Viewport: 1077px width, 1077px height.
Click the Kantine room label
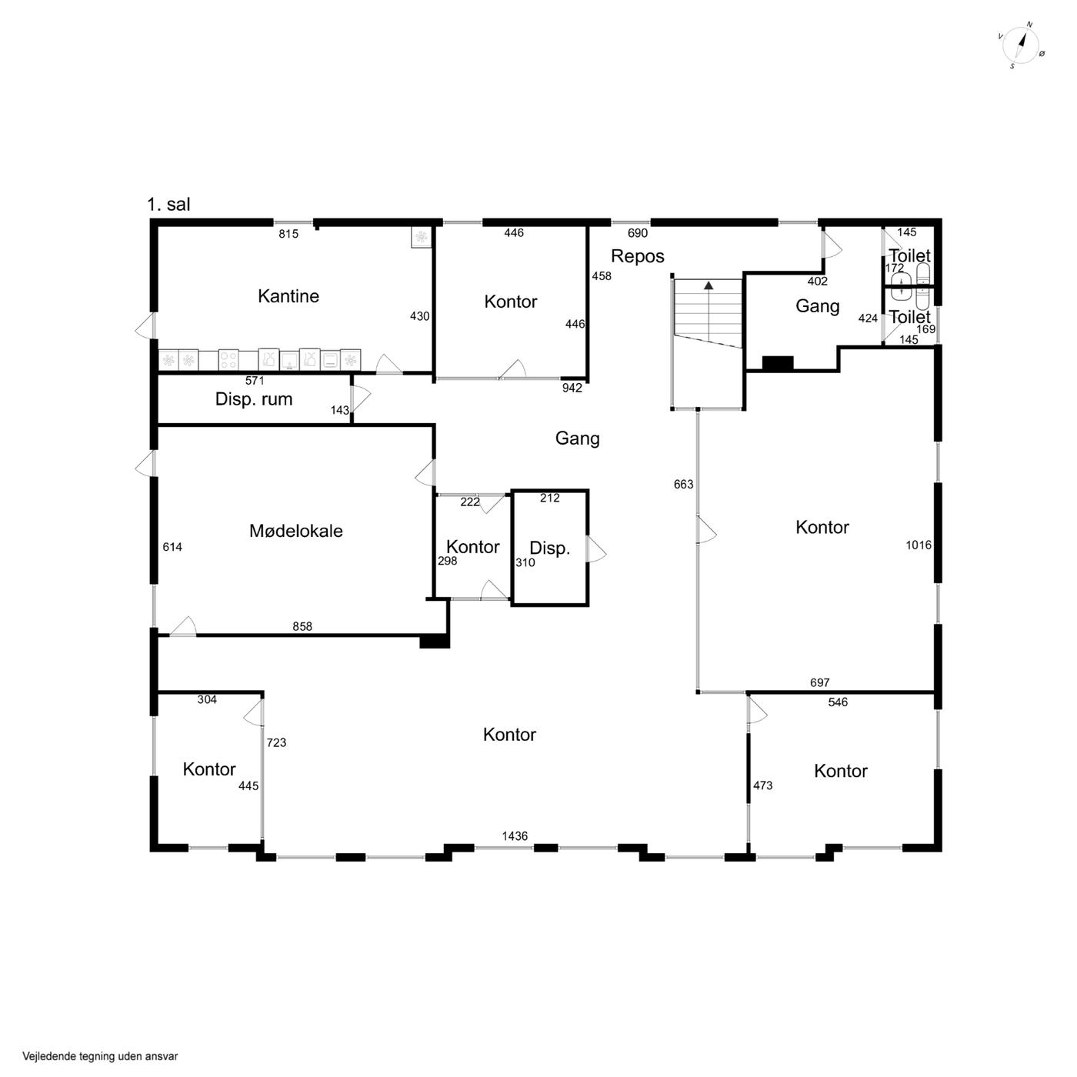tap(288, 296)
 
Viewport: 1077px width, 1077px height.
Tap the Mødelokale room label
tap(295, 530)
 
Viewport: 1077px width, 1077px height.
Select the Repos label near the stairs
tap(637, 256)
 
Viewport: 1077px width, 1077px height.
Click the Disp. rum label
tap(254, 399)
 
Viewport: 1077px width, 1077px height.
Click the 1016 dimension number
tap(919, 545)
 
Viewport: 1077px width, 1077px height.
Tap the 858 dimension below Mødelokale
tap(302, 626)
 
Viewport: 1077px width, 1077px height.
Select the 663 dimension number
tap(683, 485)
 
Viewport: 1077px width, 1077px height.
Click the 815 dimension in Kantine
tap(288, 234)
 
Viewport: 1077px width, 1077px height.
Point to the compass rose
tap(1021, 45)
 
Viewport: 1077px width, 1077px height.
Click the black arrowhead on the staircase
tap(709, 285)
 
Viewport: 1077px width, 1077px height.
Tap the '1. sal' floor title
tap(168, 205)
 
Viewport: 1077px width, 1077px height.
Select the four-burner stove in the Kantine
tap(228, 359)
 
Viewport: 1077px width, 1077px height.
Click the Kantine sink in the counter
tap(289, 360)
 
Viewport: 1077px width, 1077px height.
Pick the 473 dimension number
tap(762, 785)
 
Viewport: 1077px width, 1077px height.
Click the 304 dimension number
tap(207, 700)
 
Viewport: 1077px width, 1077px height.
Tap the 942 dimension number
tap(572, 388)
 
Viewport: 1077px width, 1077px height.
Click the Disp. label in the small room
tap(549, 549)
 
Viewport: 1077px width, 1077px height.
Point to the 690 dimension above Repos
tap(637, 234)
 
